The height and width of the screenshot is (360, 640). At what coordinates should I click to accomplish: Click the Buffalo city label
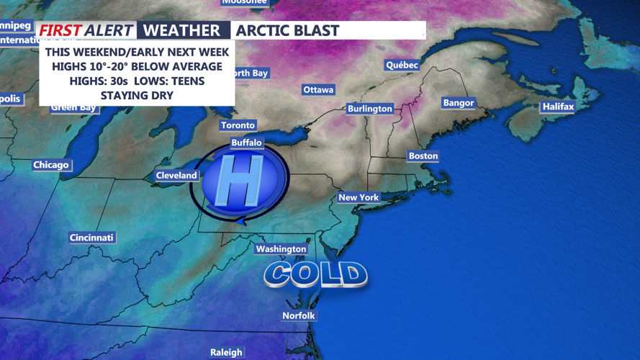point(246,143)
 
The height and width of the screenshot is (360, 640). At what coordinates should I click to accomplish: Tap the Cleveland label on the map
point(176,176)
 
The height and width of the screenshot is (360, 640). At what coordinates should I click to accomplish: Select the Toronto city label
point(238,125)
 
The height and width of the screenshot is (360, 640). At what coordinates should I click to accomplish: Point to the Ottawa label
point(318,90)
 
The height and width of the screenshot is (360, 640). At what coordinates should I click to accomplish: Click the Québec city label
point(402,65)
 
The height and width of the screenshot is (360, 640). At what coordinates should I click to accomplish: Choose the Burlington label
point(369,109)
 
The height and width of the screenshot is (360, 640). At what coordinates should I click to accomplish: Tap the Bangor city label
point(459,103)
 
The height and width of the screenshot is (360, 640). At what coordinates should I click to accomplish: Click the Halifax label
point(558,107)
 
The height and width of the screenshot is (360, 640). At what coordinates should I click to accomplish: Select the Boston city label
point(423,156)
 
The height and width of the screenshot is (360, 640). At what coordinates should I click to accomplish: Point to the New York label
point(359,197)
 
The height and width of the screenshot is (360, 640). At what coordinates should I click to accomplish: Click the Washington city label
point(281,249)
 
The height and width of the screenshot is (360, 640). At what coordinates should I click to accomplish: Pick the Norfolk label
point(298,315)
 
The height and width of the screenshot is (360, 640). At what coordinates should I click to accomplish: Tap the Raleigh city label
point(226,352)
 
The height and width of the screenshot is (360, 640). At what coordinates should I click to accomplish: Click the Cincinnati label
point(92,238)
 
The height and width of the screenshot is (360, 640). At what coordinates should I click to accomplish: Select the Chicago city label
point(51,165)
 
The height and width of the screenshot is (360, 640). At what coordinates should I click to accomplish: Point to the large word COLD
point(316,274)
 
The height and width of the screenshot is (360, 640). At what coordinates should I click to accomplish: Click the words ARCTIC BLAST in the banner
point(287,30)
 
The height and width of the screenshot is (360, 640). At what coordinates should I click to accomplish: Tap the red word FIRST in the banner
point(60,30)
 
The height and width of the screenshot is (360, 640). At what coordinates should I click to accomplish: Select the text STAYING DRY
point(137,95)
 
